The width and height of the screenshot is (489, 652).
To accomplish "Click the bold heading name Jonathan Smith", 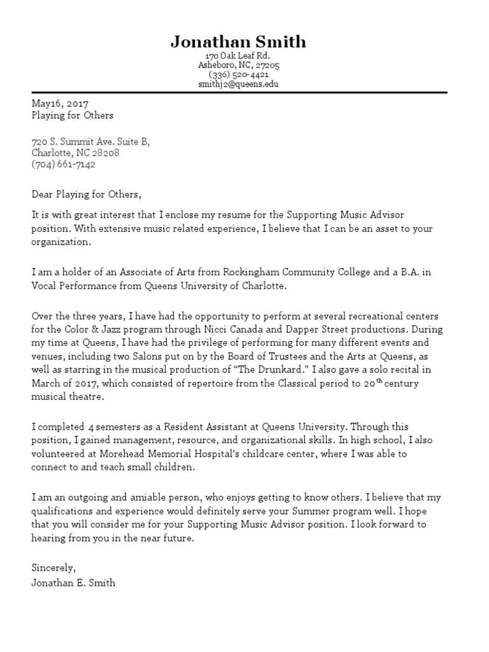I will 238,42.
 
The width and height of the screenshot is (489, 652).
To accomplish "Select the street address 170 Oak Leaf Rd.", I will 238,56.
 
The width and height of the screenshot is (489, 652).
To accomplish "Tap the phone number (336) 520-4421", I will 238,74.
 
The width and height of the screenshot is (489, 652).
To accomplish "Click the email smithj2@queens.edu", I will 238,84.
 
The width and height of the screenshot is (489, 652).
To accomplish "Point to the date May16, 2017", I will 60,104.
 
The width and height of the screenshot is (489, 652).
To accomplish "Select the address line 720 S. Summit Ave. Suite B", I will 90,141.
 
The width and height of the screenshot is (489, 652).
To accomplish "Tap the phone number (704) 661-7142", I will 64,164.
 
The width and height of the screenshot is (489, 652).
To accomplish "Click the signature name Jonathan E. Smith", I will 73,582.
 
